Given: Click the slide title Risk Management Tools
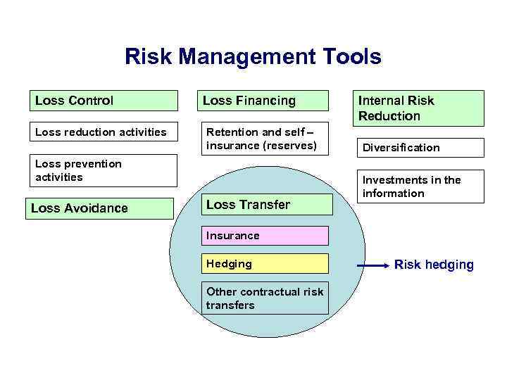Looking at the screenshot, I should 253,57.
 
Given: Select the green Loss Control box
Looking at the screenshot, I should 103,101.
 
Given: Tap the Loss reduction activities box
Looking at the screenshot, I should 103,132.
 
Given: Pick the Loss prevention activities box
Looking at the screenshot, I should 103,170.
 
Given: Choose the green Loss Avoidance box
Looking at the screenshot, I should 99,208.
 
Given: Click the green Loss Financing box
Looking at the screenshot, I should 265,101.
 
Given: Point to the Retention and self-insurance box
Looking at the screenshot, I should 265,139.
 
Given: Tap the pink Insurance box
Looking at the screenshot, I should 265,236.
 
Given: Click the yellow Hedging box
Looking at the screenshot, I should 265,264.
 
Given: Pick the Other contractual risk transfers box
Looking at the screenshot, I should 265,298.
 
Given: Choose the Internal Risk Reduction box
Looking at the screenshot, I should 419,108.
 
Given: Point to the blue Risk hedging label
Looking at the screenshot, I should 434,265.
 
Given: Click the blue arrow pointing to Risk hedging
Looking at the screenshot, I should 373,265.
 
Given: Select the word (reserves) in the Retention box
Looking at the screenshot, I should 289,146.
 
